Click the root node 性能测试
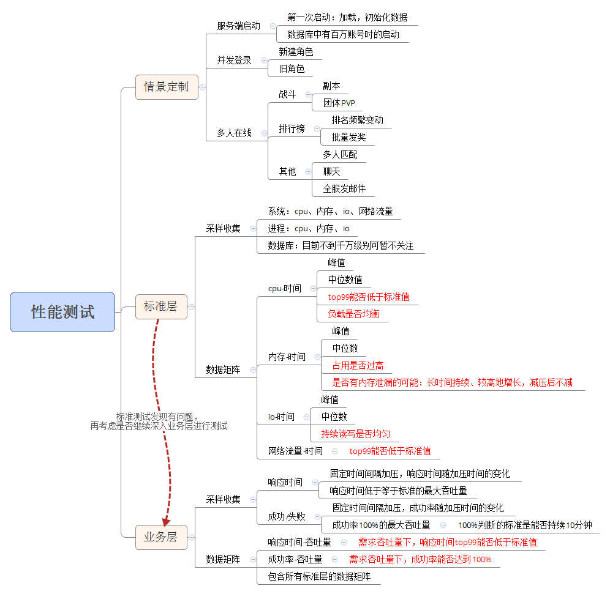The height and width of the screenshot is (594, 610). click(62, 312)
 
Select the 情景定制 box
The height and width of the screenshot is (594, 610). click(167, 86)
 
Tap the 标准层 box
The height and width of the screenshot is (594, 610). click(160, 306)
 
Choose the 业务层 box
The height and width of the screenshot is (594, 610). click(160, 537)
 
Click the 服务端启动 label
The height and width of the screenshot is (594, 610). click(238, 26)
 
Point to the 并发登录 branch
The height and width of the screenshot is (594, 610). click(234, 61)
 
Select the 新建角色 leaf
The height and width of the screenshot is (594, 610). click(296, 52)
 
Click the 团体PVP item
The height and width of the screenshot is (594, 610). click(339, 103)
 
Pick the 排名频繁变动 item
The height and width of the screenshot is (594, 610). click(358, 120)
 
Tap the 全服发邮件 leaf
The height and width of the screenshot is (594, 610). click(344, 188)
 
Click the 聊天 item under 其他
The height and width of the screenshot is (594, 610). click(331, 171)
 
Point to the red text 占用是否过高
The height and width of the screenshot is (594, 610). click(358, 365)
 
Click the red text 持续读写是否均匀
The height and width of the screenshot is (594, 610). click(356, 434)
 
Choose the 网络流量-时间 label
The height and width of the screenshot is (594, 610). click(295, 451)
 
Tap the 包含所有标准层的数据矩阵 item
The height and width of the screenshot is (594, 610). click(319, 576)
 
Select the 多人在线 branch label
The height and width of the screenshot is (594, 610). click(234, 133)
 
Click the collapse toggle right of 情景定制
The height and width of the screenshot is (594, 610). click(202, 87)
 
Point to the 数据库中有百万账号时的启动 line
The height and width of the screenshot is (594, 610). click(343, 34)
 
